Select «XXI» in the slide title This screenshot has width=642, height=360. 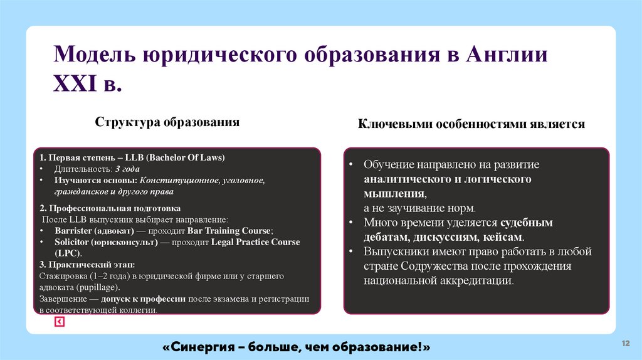point(74,83)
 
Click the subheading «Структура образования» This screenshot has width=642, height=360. point(167,122)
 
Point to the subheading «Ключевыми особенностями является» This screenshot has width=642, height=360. point(471,124)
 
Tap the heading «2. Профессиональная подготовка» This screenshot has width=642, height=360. point(110,208)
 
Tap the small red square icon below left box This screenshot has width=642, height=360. point(59,322)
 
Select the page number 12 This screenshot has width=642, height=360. point(624,343)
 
